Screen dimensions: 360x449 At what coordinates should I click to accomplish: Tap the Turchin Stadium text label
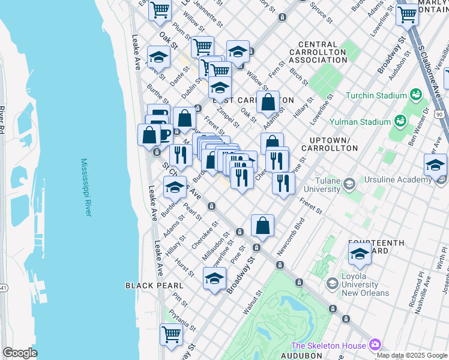(x=375, y=95)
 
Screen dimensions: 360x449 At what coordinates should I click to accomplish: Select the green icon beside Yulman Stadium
(x=399, y=122)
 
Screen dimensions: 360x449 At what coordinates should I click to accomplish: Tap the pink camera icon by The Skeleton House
(x=376, y=344)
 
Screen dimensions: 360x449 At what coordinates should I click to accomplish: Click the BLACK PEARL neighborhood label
(x=149, y=286)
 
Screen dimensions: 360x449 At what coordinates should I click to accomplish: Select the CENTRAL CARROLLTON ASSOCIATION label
(x=322, y=52)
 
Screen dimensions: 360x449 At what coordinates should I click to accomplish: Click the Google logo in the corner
(x=19, y=353)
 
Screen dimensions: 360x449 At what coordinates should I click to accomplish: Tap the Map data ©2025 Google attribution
(x=412, y=355)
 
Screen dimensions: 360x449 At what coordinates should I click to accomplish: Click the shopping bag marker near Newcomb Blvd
(x=262, y=226)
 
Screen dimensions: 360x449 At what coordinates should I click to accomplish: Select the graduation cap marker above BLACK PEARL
(x=214, y=278)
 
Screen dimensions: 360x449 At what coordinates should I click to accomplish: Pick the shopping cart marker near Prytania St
(x=171, y=334)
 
